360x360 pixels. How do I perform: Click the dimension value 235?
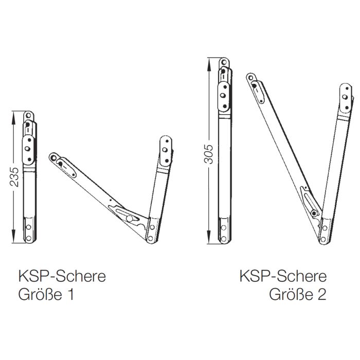pos(14,177)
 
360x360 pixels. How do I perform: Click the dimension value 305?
pos(208,154)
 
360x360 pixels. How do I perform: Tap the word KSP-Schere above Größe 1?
pos(62,276)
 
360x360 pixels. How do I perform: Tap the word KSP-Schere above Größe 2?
pos(283,276)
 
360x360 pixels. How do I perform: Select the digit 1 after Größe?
pos(71,294)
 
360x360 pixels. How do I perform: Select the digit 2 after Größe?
pos(322,294)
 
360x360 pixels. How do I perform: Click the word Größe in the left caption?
pos(40,294)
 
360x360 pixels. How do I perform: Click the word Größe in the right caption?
pos(291,294)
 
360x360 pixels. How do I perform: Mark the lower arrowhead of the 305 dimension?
pos(209,237)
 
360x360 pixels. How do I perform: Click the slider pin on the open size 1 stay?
pos(129,219)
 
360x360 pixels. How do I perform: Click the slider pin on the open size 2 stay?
pos(314,213)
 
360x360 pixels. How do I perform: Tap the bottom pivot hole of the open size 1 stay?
pos(150,238)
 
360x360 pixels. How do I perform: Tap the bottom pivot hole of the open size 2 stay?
pos(323,240)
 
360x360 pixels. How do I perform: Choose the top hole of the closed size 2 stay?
pos(224,62)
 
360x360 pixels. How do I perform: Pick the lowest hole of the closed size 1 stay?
pos(29,238)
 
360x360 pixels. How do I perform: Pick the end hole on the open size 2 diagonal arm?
pos(251,78)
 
